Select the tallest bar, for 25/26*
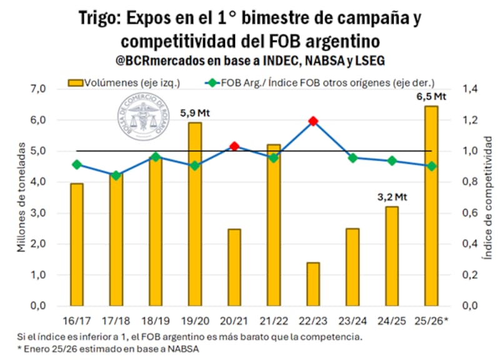click(x=431, y=206)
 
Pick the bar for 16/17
click(x=76, y=244)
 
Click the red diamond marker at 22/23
click(x=313, y=121)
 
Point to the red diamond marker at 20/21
click(x=234, y=146)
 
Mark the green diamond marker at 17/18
click(x=116, y=176)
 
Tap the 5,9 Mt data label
click(x=194, y=113)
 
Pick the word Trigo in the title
click(x=101, y=18)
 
